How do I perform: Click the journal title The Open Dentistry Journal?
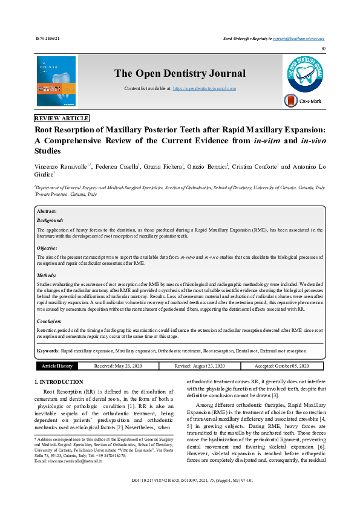(180, 74)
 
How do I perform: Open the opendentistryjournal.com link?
(205, 88)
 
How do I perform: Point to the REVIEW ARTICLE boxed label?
(62, 118)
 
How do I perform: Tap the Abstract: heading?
(47, 211)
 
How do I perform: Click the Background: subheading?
(50, 221)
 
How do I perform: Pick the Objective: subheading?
(48, 248)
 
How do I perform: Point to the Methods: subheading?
(47, 275)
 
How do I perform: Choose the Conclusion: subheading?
(50, 322)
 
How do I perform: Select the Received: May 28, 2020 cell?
(118, 366)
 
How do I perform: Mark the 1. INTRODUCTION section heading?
(59, 383)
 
